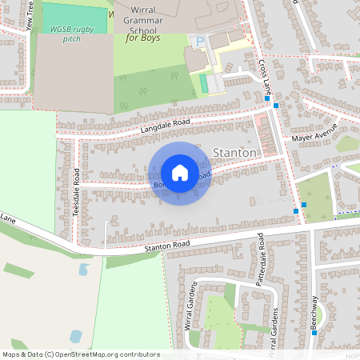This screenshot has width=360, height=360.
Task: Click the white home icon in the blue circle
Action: pyautogui.click(x=180, y=173)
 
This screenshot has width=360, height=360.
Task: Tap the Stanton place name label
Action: pyautogui.click(x=236, y=153)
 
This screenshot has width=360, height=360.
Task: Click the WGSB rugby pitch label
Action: pyautogui.click(x=70, y=33)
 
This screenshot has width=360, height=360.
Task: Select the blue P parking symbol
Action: pyautogui.click(x=201, y=40)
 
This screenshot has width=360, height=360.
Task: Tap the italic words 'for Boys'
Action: pyautogui.click(x=145, y=38)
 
